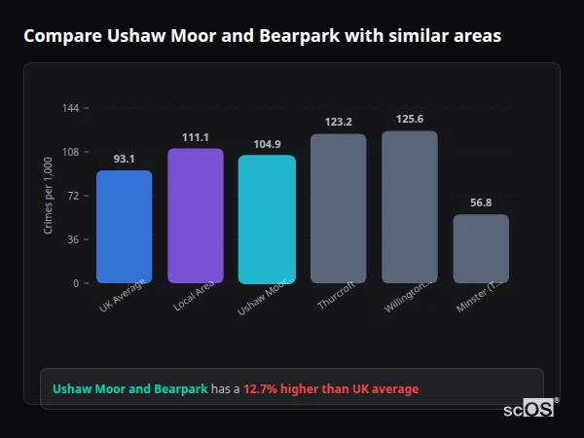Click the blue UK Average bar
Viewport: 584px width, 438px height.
(x=124, y=227)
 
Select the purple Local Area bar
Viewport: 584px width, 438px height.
(x=195, y=216)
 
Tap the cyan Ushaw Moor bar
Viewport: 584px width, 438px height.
(x=267, y=219)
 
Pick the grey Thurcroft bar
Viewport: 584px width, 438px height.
(x=338, y=208)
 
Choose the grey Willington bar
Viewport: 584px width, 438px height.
(x=409, y=206)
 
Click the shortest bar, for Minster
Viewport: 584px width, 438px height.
(x=481, y=248)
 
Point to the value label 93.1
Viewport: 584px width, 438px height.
(x=124, y=159)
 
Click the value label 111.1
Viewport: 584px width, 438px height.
(x=195, y=137)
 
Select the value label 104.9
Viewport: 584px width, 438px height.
(x=267, y=144)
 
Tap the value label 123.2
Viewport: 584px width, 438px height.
(x=338, y=122)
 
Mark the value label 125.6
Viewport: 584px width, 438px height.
(x=409, y=119)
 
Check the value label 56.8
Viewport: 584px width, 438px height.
(x=481, y=202)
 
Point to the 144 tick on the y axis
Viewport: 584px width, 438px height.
(x=70, y=108)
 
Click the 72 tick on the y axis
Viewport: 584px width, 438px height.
(x=73, y=196)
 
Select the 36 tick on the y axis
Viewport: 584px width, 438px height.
(x=73, y=239)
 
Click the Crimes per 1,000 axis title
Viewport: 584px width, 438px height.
(x=49, y=196)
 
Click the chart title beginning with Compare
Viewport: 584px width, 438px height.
(x=263, y=36)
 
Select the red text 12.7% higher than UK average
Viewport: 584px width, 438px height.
(x=331, y=389)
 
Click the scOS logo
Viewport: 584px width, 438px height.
(x=529, y=410)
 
